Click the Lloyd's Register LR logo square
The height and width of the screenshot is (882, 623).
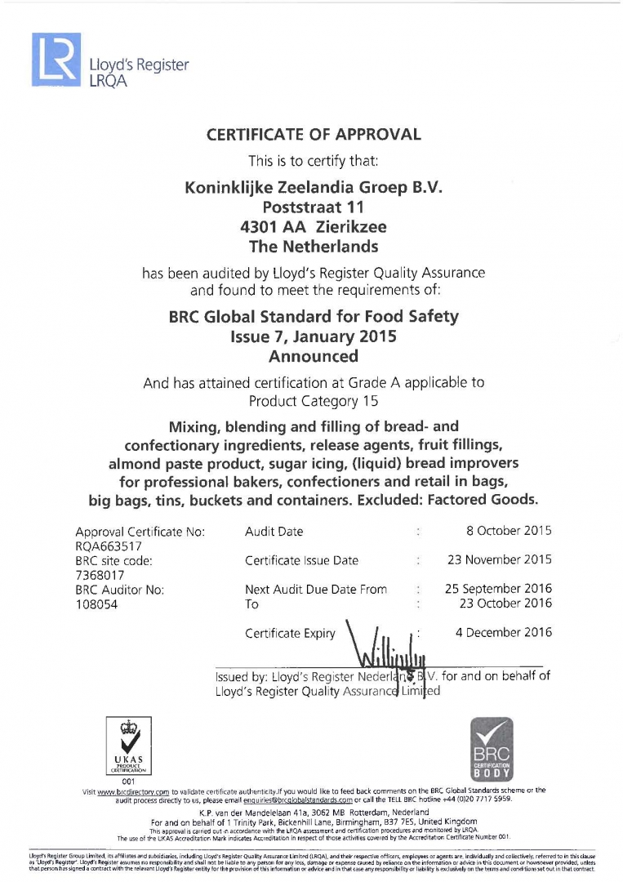56,60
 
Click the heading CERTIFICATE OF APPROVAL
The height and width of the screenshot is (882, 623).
314,135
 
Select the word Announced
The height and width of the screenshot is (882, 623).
314,356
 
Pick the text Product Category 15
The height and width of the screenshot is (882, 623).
314,401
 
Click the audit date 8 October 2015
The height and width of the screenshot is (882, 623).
508,531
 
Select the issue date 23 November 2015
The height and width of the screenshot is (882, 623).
499,560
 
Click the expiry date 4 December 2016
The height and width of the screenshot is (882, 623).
503,632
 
